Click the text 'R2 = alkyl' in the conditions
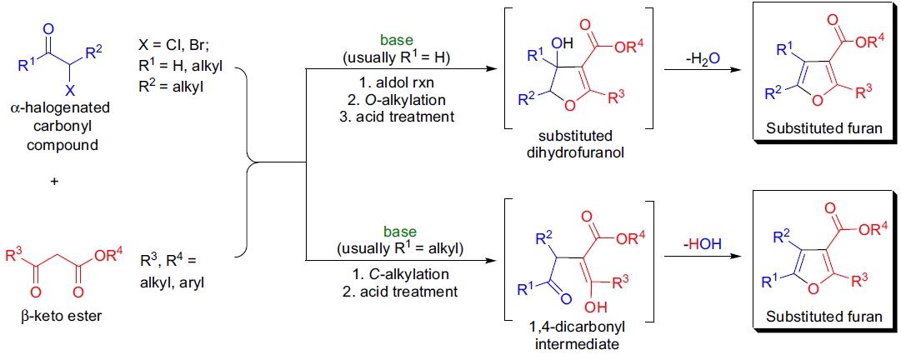click(172, 85)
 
